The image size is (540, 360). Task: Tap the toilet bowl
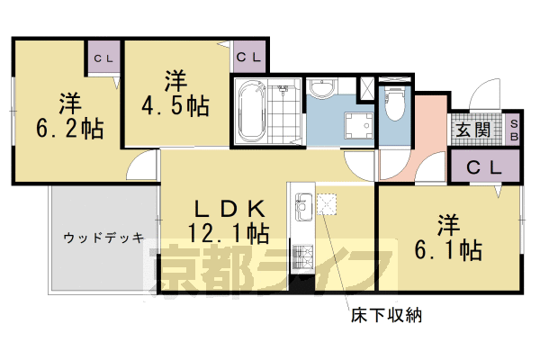click(x=395, y=106)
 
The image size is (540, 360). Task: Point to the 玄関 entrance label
click(x=472, y=130)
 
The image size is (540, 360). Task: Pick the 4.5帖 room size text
click(x=186, y=106)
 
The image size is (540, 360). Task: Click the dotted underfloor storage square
click(x=326, y=205)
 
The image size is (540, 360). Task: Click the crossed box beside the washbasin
click(x=366, y=90)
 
